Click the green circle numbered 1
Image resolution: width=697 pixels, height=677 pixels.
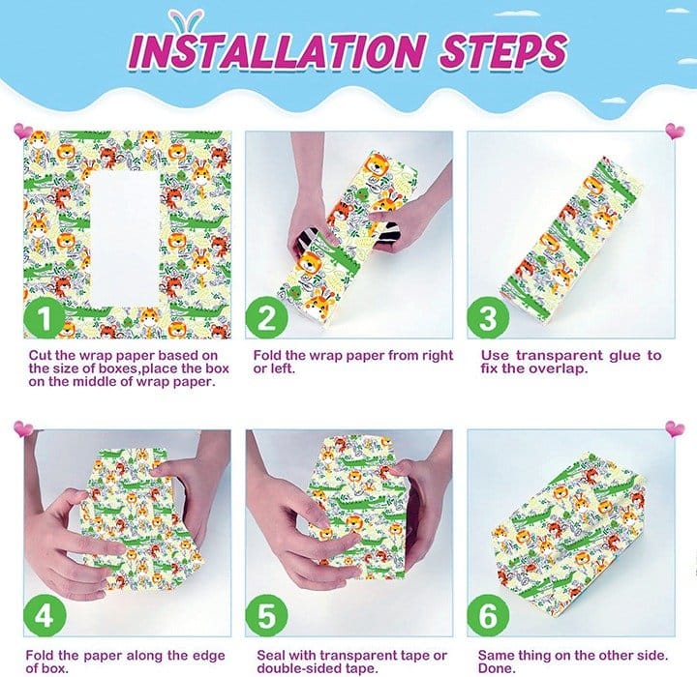tap(45, 318)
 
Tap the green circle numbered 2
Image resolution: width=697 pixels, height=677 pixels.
tap(266, 318)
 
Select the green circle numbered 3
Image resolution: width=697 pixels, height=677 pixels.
tap(488, 318)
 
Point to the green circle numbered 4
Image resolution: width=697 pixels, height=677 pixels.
tap(45, 616)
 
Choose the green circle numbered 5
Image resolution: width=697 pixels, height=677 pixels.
tap(266, 616)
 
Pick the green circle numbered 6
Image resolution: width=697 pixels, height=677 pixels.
tap(488, 616)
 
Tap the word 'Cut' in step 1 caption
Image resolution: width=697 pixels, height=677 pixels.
tap(40, 355)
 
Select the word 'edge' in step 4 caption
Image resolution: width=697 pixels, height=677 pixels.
tap(208, 656)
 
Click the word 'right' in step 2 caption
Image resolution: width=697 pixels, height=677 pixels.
tap(436, 356)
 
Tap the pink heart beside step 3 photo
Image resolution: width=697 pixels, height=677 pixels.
tap(675, 131)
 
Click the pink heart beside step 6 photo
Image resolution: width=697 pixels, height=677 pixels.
tap(675, 429)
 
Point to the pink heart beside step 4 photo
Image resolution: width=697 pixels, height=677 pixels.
tap(23, 428)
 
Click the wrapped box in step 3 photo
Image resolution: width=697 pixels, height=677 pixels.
tap(571, 239)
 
